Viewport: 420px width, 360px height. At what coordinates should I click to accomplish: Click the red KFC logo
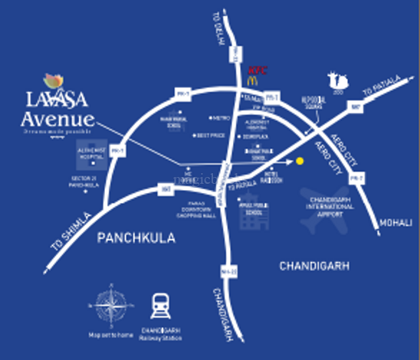[258, 68]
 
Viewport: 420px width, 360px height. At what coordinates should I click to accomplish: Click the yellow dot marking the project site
[300, 161]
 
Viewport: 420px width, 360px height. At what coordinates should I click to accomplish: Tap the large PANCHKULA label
[136, 238]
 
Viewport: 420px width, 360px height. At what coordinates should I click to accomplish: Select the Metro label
[221, 119]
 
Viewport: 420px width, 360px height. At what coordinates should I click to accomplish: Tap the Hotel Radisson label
[273, 177]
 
